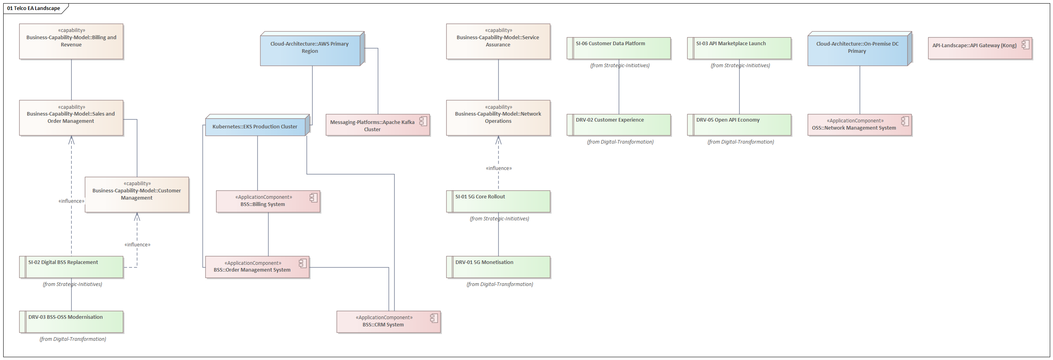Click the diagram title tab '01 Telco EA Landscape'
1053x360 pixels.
[x=34, y=8]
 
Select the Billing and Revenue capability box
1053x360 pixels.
[x=71, y=41]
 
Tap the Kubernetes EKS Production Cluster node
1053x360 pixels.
[x=255, y=127]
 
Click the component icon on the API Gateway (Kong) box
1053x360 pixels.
[x=1025, y=45]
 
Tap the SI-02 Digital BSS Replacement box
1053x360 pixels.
[x=71, y=267]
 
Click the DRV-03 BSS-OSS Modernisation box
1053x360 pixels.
[x=71, y=322]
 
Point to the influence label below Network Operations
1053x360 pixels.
[x=498, y=168]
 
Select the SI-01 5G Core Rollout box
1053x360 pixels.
[x=498, y=201]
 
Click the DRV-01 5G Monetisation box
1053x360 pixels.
[x=498, y=267]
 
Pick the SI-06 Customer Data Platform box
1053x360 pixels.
[x=618, y=48]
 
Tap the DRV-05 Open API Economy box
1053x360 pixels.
[x=739, y=125]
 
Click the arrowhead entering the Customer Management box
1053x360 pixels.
[x=137, y=216]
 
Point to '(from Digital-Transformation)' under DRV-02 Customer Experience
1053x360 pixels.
[x=620, y=142]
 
